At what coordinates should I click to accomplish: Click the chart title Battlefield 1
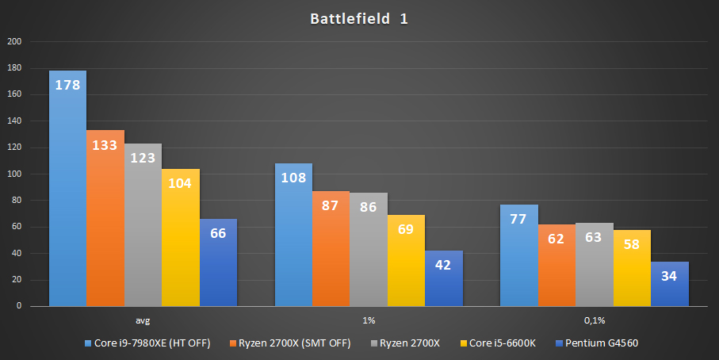[359, 18]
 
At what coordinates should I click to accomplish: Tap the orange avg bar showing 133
[105, 218]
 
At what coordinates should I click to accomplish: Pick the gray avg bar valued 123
[143, 225]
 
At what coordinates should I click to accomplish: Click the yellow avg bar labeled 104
[180, 238]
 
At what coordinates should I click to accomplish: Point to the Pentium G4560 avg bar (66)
[218, 262]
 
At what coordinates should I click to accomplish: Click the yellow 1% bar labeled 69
[406, 261]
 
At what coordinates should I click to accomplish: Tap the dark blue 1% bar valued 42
[443, 278]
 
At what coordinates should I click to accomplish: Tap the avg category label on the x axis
[143, 320]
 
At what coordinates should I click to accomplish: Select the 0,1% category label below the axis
[594, 320]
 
